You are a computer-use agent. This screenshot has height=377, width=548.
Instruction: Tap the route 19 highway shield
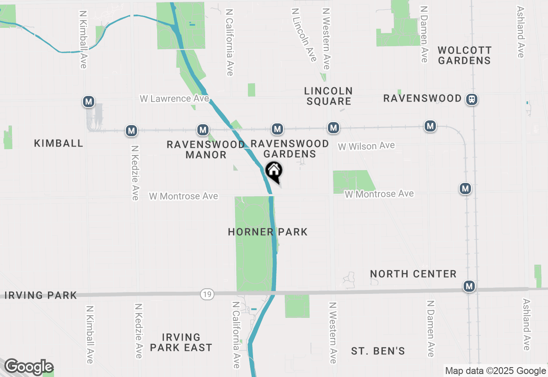coord(207,294)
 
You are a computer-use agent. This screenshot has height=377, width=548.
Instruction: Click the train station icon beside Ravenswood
coord(472,99)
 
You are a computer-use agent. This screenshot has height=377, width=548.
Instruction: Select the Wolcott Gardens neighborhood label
coord(465,55)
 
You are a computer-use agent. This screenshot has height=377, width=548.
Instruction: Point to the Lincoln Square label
coord(328,96)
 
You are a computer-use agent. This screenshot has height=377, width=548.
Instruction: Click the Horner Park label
coord(268,232)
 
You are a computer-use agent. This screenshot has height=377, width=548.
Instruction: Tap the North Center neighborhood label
coord(413,274)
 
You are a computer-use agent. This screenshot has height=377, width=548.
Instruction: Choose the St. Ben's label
coord(378,351)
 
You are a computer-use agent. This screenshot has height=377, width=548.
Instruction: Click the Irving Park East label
coord(181,342)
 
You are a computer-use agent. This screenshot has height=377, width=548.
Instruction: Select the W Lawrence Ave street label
coord(174,99)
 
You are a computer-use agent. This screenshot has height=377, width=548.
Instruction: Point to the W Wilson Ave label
coord(366,146)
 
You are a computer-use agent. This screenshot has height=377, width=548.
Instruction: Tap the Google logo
coord(28,367)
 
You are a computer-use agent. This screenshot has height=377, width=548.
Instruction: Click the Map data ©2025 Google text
coord(495,371)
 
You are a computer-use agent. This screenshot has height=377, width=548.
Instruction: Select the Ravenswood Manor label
coord(205,150)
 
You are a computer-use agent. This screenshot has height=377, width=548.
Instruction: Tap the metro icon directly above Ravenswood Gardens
coord(277,129)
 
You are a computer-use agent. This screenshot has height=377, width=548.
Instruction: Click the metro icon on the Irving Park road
coord(469,287)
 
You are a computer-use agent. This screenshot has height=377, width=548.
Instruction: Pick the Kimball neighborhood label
coord(59,143)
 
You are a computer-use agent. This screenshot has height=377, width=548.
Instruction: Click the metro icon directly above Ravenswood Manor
coord(203,129)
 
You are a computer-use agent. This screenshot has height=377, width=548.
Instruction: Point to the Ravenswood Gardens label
coord(290,149)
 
